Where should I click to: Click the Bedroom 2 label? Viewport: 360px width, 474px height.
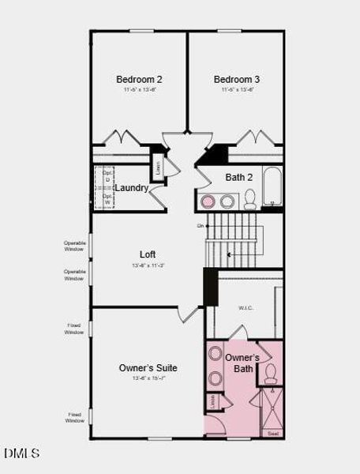click(139, 79)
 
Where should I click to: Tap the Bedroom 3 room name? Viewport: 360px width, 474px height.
click(236, 79)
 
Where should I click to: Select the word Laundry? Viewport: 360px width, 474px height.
click(131, 188)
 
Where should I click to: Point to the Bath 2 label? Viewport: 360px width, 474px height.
click(239, 177)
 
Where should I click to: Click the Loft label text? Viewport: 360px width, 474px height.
click(148, 254)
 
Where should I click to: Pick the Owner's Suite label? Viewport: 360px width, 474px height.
click(148, 367)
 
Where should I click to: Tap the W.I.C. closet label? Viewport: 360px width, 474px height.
click(246, 308)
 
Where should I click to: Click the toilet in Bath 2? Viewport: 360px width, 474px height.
click(249, 200)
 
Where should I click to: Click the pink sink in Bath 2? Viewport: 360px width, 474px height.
click(208, 201)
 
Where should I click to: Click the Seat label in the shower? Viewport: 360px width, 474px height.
click(273, 434)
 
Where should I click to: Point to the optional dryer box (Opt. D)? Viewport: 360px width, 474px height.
click(107, 177)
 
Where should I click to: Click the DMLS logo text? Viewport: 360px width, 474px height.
click(21, 453)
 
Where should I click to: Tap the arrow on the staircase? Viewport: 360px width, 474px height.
click(229, 254)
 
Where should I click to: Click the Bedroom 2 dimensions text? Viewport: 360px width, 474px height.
click(139, 90)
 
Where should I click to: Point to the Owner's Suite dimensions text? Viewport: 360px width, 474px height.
click(148, 378)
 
